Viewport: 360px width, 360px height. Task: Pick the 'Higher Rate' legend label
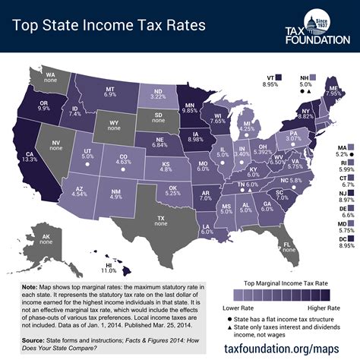coord(325,311)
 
